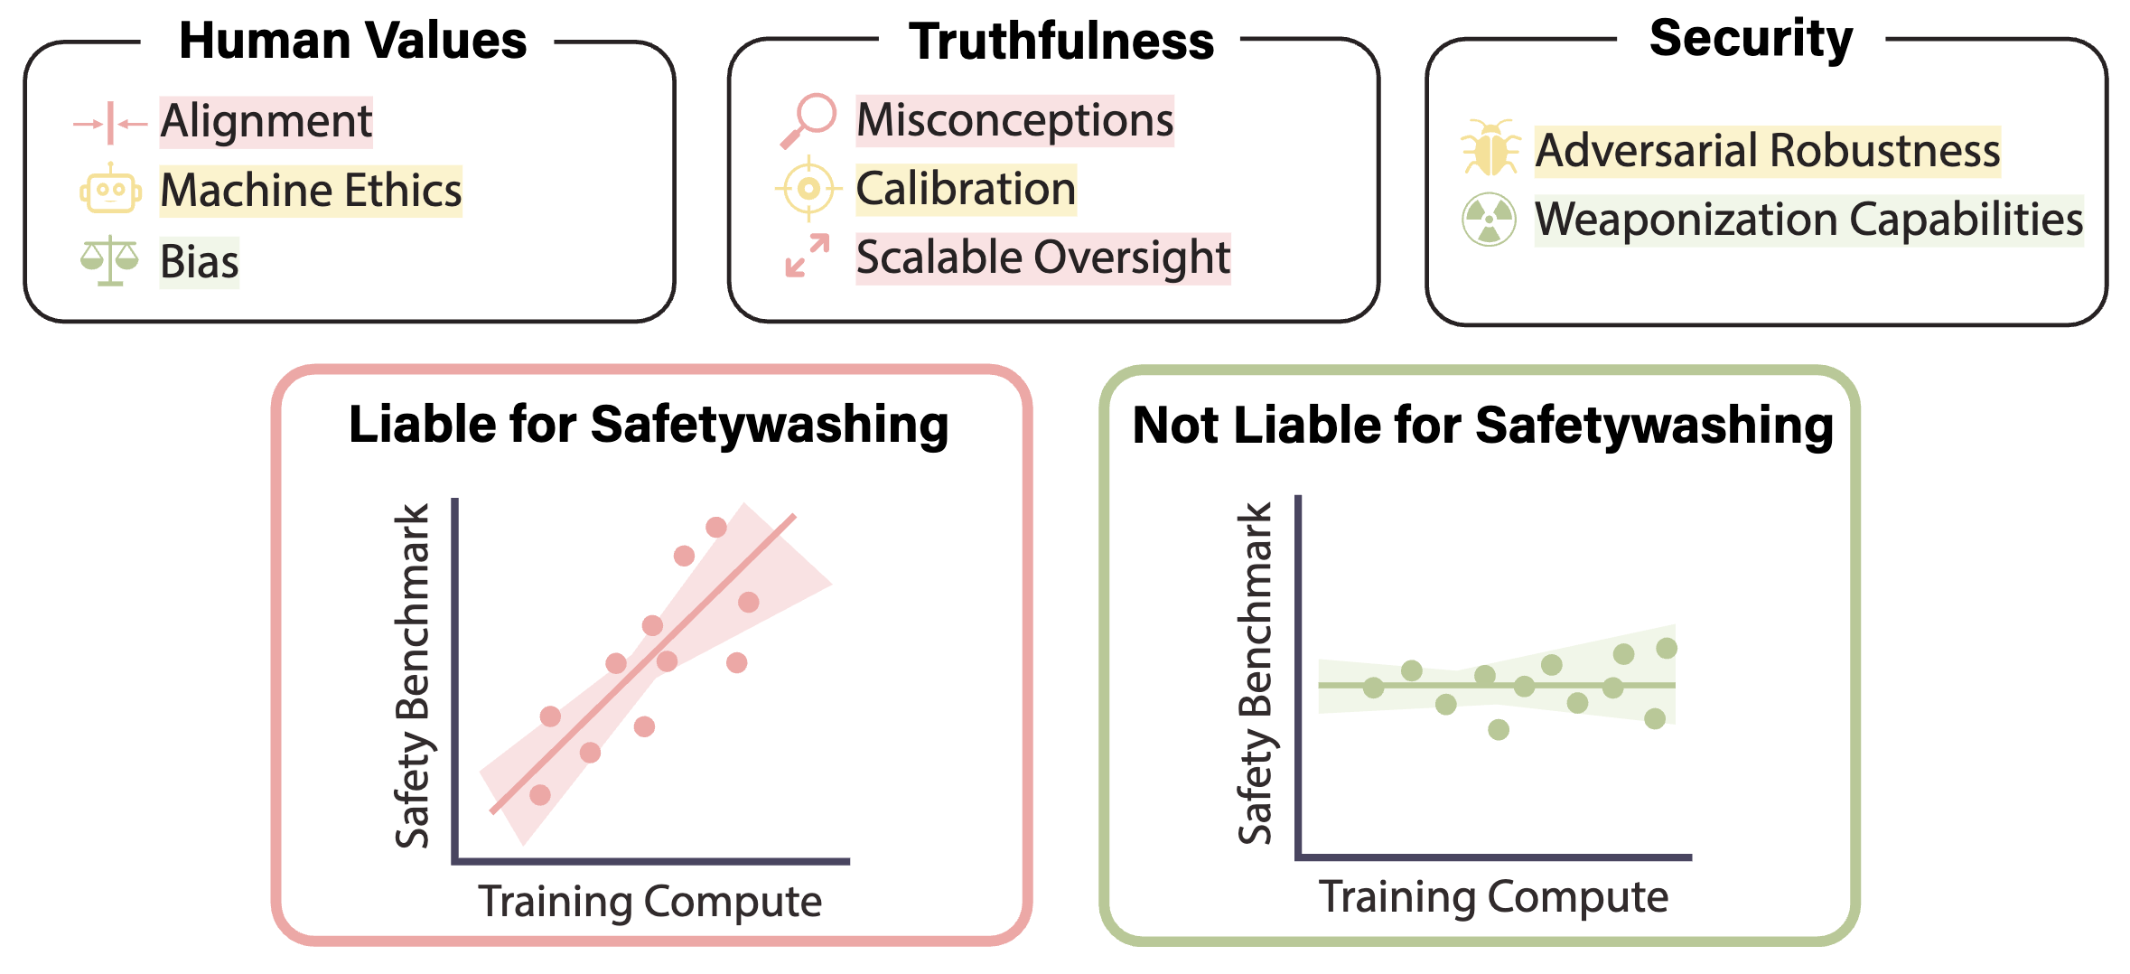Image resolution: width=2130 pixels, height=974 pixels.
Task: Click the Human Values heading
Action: click(352, 41)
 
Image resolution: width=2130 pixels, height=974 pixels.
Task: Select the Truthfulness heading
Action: click(1061, 42)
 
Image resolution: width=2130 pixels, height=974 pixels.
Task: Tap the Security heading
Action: click(1751, 39)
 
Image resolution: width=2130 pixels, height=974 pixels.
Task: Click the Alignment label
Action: click(266, 121)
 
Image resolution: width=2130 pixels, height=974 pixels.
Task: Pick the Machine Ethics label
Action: click(311, 191)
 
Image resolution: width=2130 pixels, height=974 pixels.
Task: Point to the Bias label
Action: click(200, 262)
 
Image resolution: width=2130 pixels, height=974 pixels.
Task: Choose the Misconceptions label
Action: click(1015, 120)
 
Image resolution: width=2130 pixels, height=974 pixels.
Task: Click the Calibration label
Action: click(967, 189)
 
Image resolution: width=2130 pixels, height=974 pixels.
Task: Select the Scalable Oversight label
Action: click(1043, 258)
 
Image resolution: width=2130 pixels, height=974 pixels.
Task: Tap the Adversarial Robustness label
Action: click(1768, 151)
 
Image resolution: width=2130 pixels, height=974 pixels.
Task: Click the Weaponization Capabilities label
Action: click(1809, 220)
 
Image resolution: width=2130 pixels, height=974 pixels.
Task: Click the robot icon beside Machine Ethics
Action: click(110, 189)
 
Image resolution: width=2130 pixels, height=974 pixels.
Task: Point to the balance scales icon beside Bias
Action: click(109, 261)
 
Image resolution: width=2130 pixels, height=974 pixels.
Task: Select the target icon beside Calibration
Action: click(808, 189)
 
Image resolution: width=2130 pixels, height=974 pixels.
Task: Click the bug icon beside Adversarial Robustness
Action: click(1490, 147)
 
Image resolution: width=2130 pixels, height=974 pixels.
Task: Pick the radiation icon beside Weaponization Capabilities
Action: click(1490, 220)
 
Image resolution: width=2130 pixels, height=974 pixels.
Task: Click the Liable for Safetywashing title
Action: click(649, 425)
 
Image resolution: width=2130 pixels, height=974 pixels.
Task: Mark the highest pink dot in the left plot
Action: click(716, 528)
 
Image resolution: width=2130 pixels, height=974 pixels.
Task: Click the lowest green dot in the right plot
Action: click(1499, 729)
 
